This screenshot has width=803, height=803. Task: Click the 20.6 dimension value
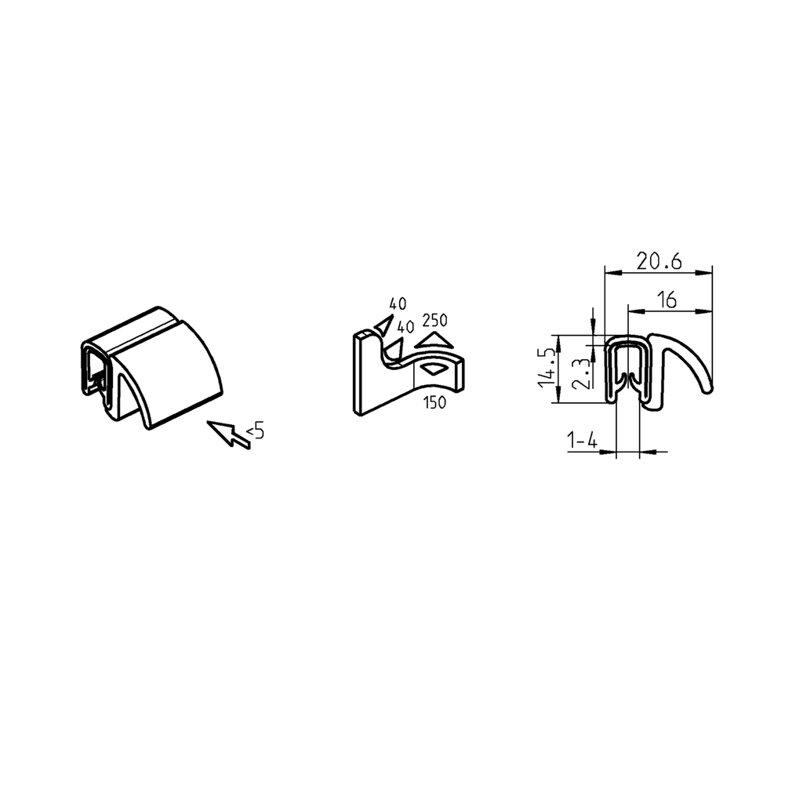[658, 262]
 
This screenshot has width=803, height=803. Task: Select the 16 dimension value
[667, 300]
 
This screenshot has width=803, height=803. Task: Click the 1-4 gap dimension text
[583, 442]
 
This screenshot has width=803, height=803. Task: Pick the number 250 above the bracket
[435, 320]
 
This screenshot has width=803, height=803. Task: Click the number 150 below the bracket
[434, 403]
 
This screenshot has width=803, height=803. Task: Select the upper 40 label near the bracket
[398, 303]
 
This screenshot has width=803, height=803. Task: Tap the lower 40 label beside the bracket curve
[405, 326]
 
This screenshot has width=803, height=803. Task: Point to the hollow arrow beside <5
[227, 434]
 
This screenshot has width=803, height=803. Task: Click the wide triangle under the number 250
[435, 340]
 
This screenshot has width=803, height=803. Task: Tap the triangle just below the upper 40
[384, 325]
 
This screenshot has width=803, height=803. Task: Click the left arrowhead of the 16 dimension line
[633, 311]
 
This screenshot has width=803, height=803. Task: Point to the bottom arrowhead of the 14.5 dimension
[558, 398]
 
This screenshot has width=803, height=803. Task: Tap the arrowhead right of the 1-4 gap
[648, 451]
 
